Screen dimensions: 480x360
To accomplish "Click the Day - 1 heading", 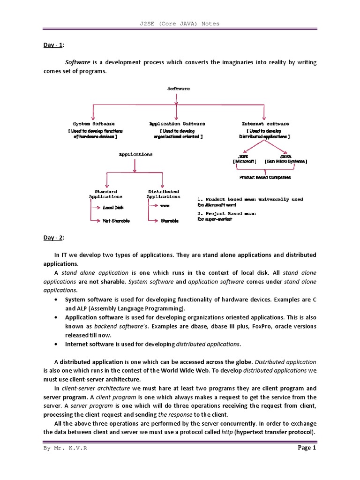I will pyautogui.click(x=53, y=45).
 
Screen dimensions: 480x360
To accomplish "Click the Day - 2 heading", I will pyautogui.click(x=53, y=238).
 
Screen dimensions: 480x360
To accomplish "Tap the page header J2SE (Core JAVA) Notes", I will pyautogui.click(x=180, y=23).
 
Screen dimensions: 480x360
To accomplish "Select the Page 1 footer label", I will pyautogui.click(x=307, y=448).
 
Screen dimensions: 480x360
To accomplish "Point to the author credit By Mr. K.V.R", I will pyautogui.click(x=65, y=449).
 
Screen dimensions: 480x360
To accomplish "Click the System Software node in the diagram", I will pyautogui.click(x=94, y=124).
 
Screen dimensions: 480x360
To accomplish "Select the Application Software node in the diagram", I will pyautogui.click(x=177, y=124).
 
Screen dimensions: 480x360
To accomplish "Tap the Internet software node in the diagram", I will pyautogui.click(x=265, y=124).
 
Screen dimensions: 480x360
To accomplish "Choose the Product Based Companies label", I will pyautogui.click(x=265, y=177).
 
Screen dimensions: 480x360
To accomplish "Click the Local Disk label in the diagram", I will pyautogui.click(x=113, y=207).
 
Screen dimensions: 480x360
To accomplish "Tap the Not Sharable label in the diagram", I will pyautogui.click(x=116, y=220).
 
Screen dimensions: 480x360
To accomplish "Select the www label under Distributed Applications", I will pyautogui.click(x=165, y=206).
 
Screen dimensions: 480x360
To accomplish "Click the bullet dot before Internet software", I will pyautogui.click(x=57, y=344).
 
